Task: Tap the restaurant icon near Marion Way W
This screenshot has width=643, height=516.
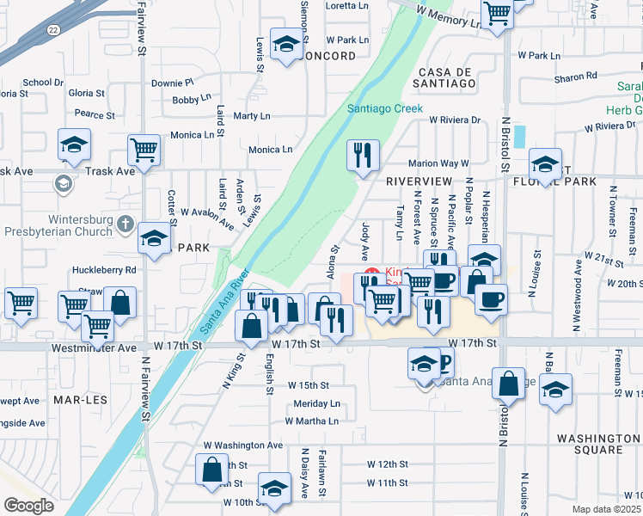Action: [x=363, y=155]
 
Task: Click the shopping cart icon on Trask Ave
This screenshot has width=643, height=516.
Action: [x=144, y=150]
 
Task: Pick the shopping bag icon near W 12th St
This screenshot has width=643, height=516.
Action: [x=211, y=470]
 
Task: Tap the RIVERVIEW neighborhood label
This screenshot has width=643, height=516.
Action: [x=419, y=181]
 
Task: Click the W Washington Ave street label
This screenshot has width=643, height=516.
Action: [x=243, y=445]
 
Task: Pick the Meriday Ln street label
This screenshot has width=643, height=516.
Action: [x=316, y=403]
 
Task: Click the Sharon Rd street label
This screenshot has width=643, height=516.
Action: [x=569, y=77]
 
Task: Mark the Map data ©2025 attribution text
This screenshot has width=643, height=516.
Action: [x=606, y=509]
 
